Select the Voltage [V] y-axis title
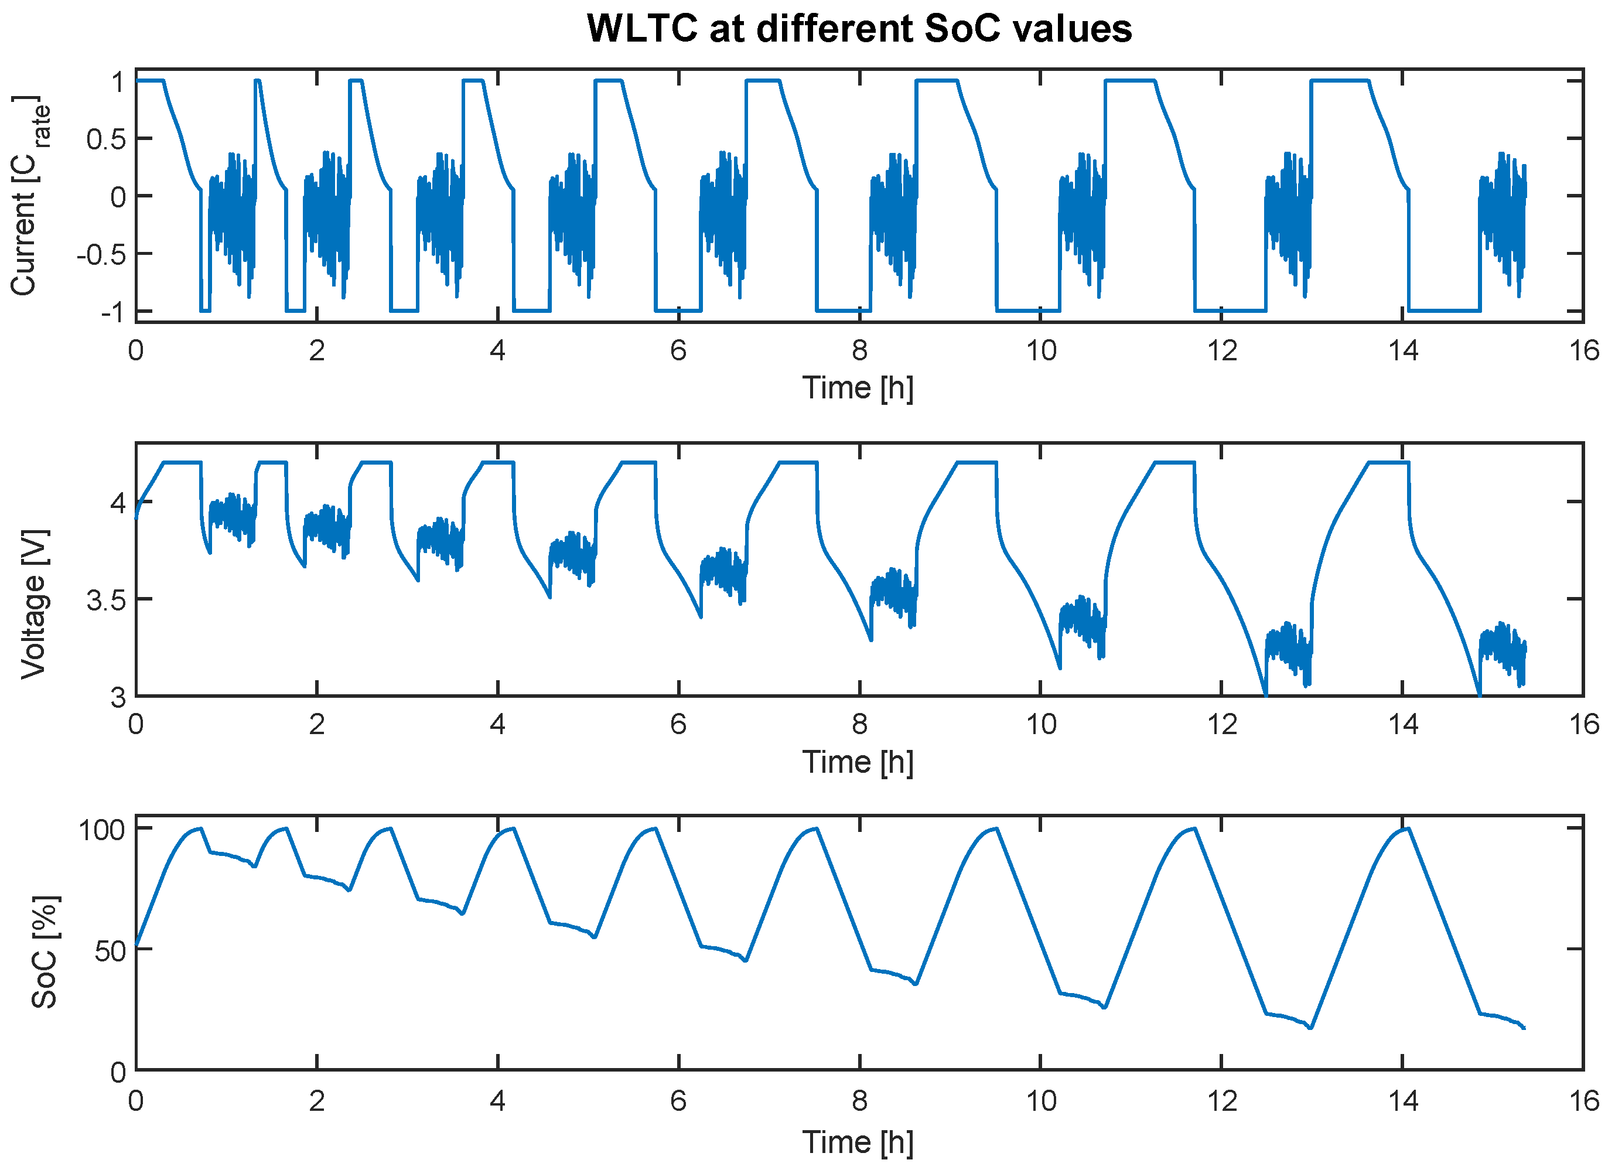tap(33, 605)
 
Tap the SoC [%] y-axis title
tap(44, 952)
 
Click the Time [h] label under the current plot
tap(858, 388)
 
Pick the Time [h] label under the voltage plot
tap(858, 762)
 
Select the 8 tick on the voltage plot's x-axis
tap(859, 725)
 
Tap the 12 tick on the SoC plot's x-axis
tap(1221, 1101)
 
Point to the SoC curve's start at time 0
tap(136, 945)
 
